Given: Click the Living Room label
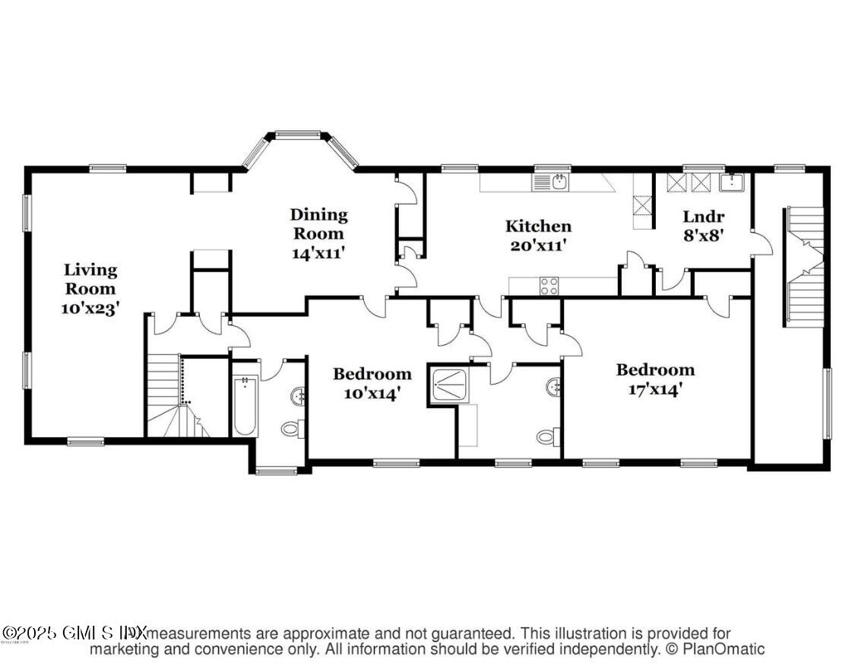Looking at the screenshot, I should pyautogui.click(x=90, y=279).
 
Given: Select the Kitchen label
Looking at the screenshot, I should pyautogui.click(x=538, y=226).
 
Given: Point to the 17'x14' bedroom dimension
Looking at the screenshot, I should pyautogui.click(x=654, y=390).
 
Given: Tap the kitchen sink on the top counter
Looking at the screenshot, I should pyautogui.click(x=559, y=181).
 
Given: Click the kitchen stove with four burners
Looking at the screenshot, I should pyautogui.click(x=549, y=286).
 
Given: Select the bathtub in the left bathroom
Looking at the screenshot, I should pyautogui.click(x=245, y=405).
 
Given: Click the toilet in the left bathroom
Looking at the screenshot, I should pyautogui.click(x=292, y=429).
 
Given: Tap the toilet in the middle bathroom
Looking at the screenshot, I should pyautogui.click(x=546, y=436).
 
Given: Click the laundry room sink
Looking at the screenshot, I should pyautogui.click(x=731, y=182).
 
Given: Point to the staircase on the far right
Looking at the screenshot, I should pyautogui.click(x=805, y=266).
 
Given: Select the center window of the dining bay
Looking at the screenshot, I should pyautogui.click(x=298, y=135).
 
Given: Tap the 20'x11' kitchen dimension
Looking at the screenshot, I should pyautogui.click(x=538, y=246).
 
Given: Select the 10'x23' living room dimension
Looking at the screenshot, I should pyautogui.click(x=90, y=308).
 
